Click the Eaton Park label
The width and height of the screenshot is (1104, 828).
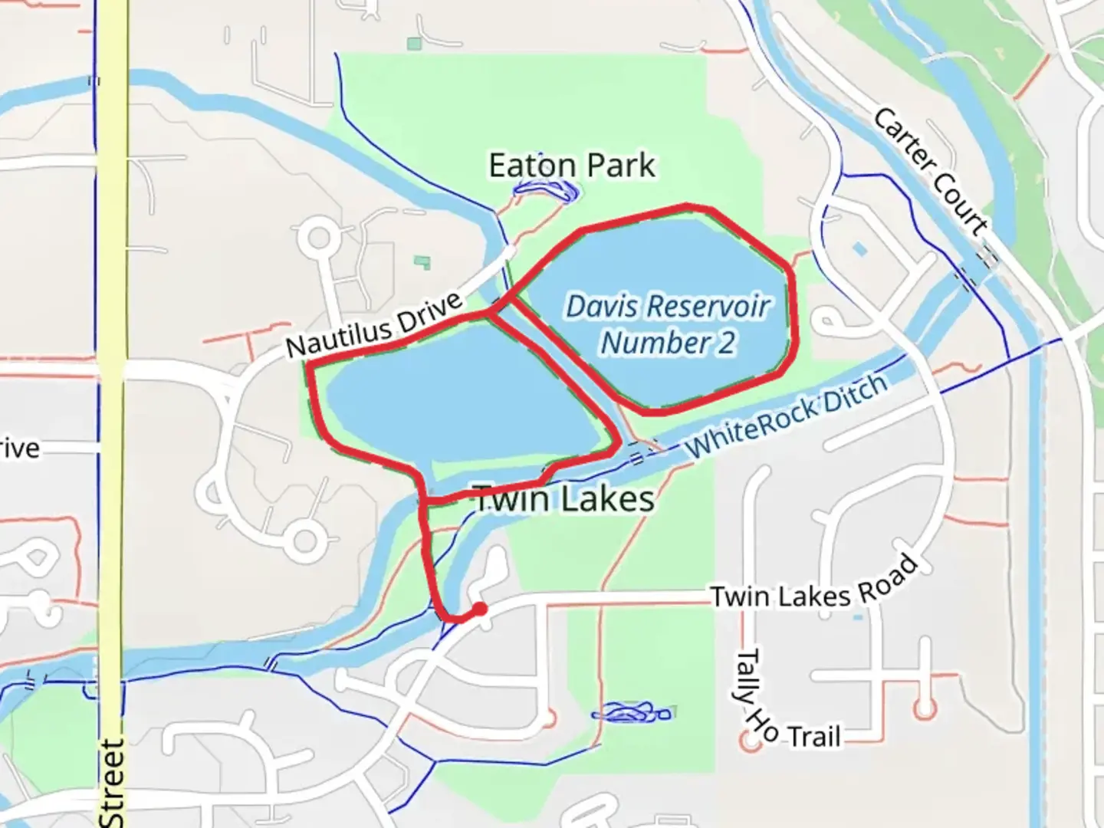point(572,166)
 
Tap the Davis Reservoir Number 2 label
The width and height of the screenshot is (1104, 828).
point(667,324)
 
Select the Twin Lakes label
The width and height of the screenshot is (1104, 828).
point(565,498)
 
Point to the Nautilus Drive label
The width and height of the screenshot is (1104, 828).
point(375,325)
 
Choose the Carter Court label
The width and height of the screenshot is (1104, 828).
point(928,171)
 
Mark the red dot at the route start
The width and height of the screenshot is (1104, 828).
point(480,609)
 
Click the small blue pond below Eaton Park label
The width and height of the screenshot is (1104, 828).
point(546,189)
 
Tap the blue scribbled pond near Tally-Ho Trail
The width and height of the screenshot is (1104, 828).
point(631,713)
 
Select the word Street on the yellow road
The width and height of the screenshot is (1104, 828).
point(112,782)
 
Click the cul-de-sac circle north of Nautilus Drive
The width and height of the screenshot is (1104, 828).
point(318,238)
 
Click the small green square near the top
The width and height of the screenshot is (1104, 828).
point(414,44)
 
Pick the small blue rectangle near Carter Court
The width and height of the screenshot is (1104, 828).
point(859,249)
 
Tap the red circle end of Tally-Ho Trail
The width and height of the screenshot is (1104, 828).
point(748,741)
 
